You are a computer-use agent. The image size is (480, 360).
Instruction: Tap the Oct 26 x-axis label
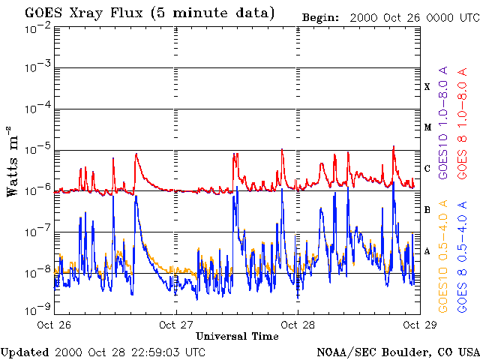tap(55, 325)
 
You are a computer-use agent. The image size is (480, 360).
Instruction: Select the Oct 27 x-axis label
tap(176, 325)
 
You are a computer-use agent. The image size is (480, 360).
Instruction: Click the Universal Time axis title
tap(237, 336)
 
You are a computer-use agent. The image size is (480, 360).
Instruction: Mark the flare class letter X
tap(427, 87)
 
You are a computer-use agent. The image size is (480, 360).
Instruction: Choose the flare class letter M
tap(427, 127)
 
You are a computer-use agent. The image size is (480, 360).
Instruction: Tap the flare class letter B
tap(427, 210)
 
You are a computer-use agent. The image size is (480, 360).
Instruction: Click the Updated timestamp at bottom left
tap(103, 351)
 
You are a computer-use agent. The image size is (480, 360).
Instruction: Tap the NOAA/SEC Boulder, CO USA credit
tap(397, 351)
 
